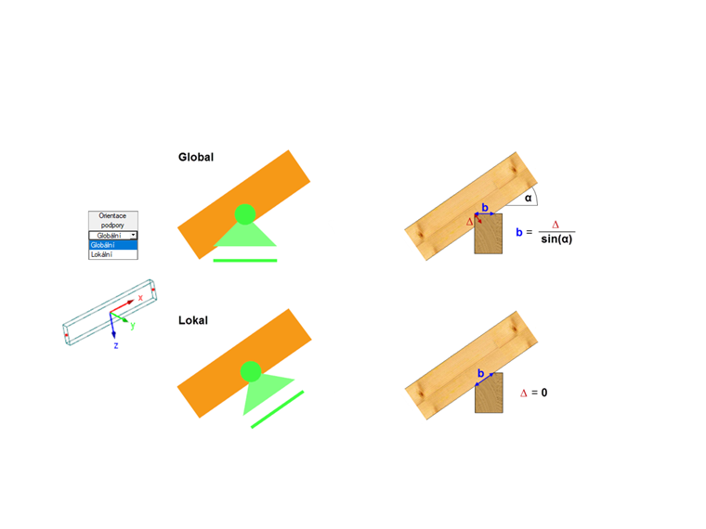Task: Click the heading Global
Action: (196, 157)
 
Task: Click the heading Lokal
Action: (193, 320)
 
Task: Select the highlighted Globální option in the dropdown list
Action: (113, 245)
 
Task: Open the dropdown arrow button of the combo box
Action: (133, 235)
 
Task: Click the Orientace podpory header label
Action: (112, 221)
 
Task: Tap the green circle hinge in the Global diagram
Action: (245, 214)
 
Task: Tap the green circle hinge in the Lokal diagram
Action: (251, 371)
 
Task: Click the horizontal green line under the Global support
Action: (245, 261)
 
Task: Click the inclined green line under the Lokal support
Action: (278, 409)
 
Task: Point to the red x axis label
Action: (140, 298)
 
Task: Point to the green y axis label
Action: (133, 325)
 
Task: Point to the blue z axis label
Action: (116, 345)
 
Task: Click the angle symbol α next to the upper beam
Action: (529, 198)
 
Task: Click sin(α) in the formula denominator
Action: (556, 239)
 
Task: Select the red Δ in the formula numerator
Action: (556, 225)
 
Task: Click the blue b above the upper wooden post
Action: (485, 207)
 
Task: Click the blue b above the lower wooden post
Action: (481, 373)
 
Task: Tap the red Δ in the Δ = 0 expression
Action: (524, 394)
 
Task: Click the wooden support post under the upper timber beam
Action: (489, 234)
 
